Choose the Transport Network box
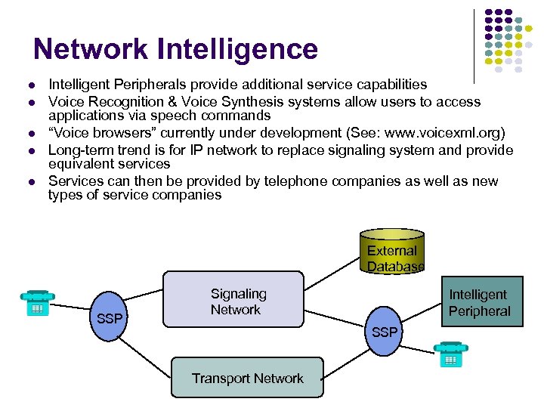pos(247,378)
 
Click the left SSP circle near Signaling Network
pos(110,317)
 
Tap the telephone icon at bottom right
pos(450,355)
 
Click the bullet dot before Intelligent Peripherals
pos(34,85)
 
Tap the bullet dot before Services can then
pos(34,181)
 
